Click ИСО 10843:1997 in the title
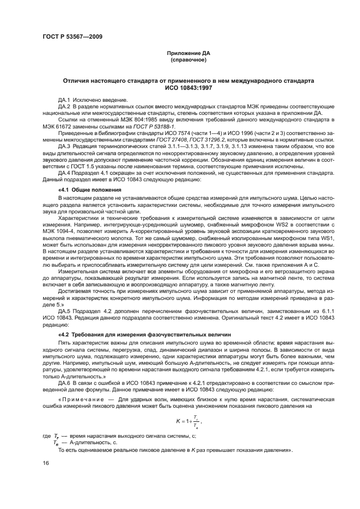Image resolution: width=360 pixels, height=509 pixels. tap(187, 87)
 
